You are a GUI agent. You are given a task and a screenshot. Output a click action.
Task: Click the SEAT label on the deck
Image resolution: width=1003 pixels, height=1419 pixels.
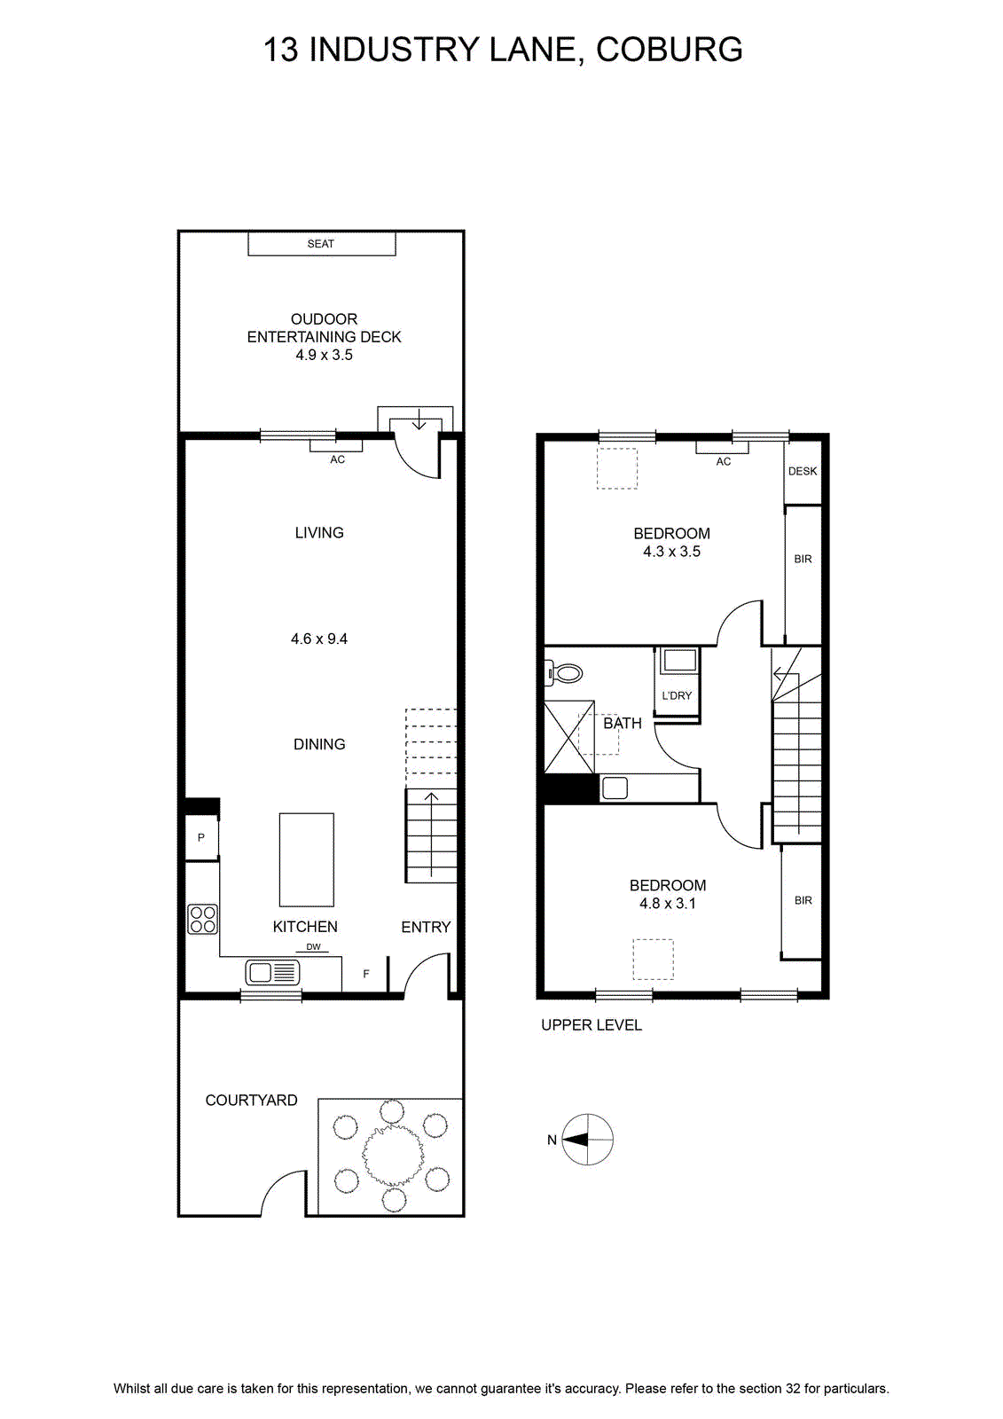(320, 244)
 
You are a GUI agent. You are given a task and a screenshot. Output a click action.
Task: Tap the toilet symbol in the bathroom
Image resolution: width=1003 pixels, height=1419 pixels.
(563, 673)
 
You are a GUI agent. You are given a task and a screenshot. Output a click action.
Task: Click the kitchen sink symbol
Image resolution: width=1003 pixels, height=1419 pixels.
(272, 972)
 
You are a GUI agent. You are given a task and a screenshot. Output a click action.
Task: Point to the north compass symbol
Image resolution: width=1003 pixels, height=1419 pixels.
(587, 1139)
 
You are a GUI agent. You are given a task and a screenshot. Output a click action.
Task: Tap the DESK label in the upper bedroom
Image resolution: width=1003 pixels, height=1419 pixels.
(803, 471)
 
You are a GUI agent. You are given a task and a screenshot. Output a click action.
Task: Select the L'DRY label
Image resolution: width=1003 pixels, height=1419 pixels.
(677, 695)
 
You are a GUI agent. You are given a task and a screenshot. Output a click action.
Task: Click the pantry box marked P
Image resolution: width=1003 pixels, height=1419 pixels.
(201, 837)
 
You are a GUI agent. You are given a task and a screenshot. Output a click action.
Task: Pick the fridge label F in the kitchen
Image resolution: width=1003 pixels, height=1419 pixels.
(366, 975)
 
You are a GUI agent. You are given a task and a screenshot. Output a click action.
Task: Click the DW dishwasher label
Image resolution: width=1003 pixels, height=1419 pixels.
(313, 947)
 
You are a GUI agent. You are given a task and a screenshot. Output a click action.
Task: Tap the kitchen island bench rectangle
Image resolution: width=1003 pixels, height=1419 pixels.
(307, 859)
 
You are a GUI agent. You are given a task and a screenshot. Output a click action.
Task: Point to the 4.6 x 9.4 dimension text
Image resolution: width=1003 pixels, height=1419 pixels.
(319, 639)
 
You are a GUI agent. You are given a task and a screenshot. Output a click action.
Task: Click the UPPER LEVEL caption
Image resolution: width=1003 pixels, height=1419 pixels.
(592, 1025)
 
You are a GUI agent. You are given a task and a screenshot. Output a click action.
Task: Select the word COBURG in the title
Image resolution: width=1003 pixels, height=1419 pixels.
(669, 50)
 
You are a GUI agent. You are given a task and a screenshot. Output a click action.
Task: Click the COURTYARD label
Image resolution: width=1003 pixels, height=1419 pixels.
(252, 1101)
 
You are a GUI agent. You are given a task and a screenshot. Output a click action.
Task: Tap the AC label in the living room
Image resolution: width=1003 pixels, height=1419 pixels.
(337, 459)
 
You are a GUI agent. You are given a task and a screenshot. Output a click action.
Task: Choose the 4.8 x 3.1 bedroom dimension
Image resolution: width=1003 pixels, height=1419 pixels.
(668, 904)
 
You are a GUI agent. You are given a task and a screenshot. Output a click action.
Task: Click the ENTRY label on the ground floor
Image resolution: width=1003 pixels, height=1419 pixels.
(426, 928)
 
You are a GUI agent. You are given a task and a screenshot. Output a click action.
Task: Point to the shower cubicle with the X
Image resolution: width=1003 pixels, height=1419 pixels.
(569, 736)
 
